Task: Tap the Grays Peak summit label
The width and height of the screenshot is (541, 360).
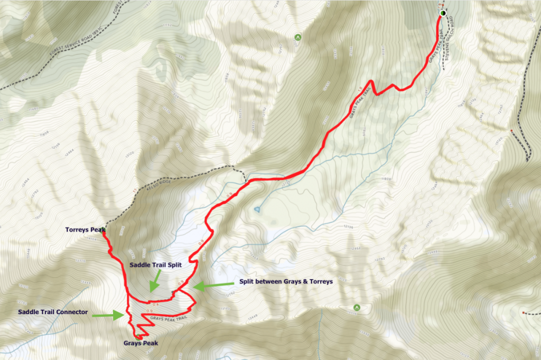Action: point(141,343)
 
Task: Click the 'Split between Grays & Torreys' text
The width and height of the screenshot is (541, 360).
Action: point(285,281)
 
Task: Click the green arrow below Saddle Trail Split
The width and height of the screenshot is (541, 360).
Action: point(155,280)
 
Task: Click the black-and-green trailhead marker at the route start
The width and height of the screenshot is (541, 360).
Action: point(443,13)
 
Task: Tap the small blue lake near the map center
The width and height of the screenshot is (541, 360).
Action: point(257,210)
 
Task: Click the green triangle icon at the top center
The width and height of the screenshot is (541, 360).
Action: point(297,37)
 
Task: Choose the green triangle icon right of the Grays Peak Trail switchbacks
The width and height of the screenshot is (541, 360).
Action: point(357,307)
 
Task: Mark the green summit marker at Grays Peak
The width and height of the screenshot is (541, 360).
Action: point(138,336)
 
